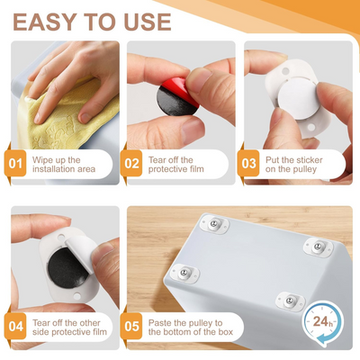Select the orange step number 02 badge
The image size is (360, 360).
[133, 164]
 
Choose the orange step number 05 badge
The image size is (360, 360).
[133, 326]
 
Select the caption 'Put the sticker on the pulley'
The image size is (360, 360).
[301, 164]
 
